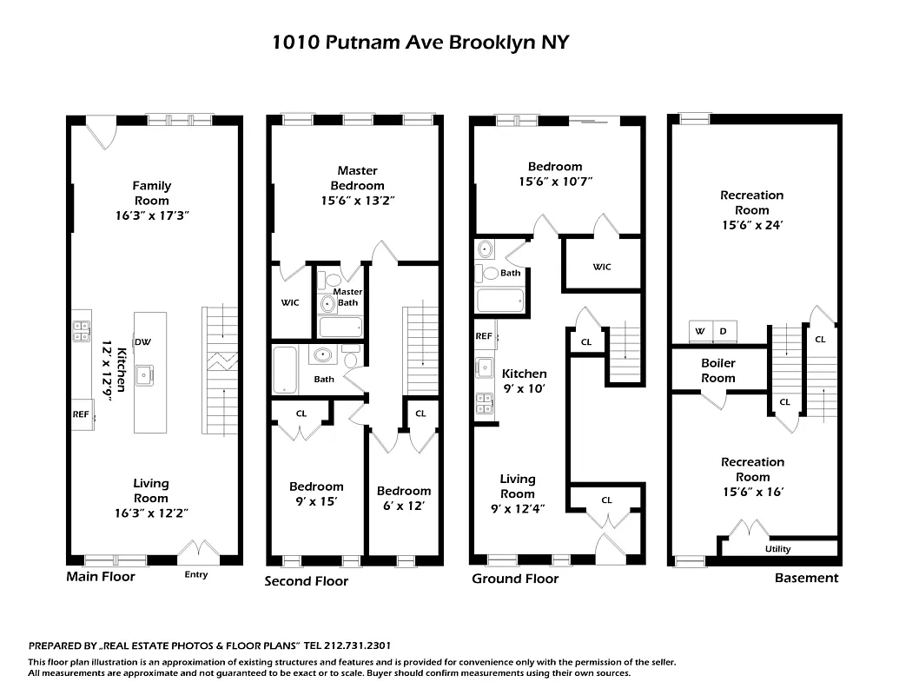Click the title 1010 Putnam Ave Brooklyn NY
tap(420, 43)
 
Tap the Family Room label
tap(151, 193)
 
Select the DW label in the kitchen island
tap(143, 341)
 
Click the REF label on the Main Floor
tap(81, 414)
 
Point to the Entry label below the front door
tap(196, 574)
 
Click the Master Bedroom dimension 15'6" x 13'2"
tap(357, 201)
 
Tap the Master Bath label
tap(347, 297)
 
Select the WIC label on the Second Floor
tap(289, 303)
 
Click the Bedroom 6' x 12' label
tap(403, 498)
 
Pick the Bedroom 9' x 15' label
tap(316, 493)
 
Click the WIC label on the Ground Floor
tap(602, 267)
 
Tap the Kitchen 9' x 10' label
tap(524, 381)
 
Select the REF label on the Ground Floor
tap(484, 336)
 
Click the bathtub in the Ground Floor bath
tap(499, 301)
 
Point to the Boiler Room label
tap(717, 370)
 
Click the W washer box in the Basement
tap(699, 331)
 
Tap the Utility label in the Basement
tap(777, 549)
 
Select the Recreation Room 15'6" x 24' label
tap(751, 209)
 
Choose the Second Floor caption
tap(306, 581)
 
